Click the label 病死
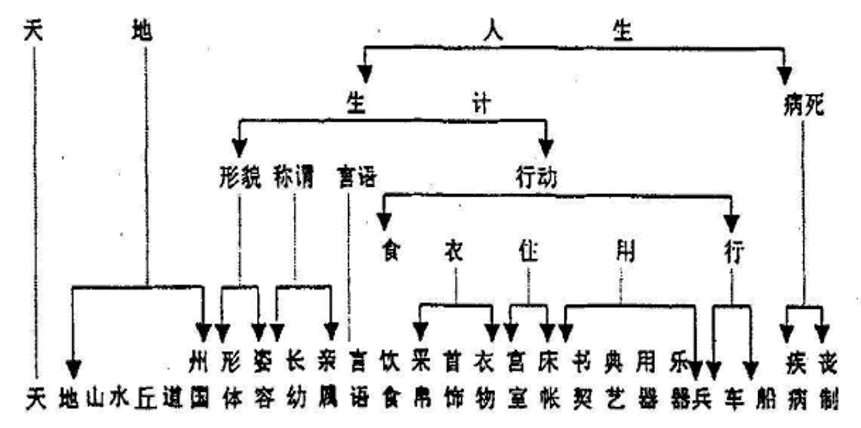pyautogui.click(x=803, y=106)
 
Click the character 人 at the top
pyautogui.click(x=494, y=31)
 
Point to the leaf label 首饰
pyautogui.click(x=453, y=382)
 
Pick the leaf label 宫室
pyautogui.click(x=515, y=382)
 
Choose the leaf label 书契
pyautogui.click(x=580, y=382)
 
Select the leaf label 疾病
pyautogui.click(x=796, y=382)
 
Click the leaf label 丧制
pyautogui.click(x=826, y=382)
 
